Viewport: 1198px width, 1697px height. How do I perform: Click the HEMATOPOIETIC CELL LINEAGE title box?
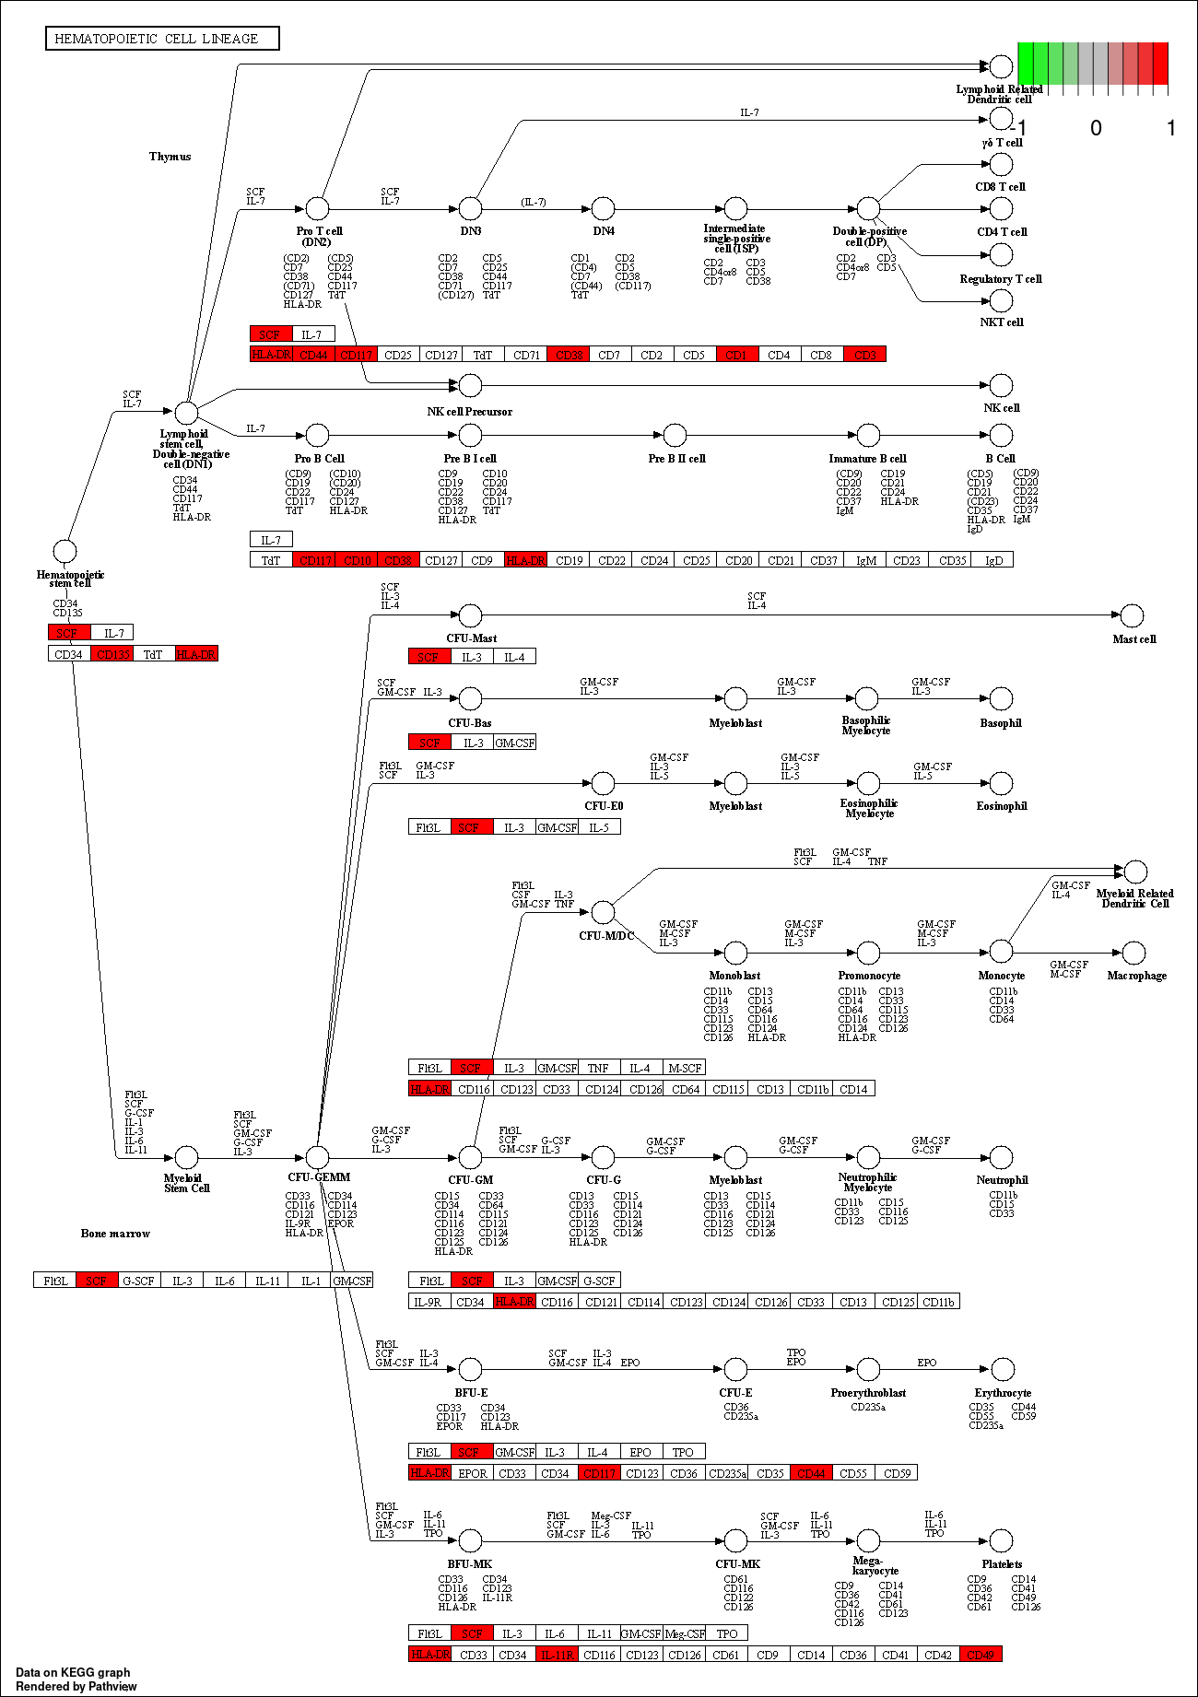[x=162, y=39]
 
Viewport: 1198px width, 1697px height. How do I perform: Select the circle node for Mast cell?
[x=1132, y=615]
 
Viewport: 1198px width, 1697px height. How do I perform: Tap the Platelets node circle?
[x=1001, y=1539]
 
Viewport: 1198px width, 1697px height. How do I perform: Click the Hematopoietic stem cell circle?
[x=65, y=551]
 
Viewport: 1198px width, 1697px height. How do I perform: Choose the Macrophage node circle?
[x=1134, y=953]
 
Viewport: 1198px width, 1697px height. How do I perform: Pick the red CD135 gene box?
[x=112, y=654]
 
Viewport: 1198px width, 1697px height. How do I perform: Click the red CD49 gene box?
[x=981, y=1655]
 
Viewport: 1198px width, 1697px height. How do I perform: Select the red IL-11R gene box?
[x=558, y=1655]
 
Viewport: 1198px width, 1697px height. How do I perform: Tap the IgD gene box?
[x=993, y=560]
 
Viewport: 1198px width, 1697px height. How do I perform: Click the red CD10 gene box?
[x=357, y=560]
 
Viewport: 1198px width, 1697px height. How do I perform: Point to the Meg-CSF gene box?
[x=685, y=1633]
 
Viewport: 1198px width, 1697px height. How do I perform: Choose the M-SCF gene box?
[x=684, y=1068]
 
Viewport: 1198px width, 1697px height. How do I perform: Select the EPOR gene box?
[x=472, y=1473]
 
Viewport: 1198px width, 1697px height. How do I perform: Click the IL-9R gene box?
[x=429, y=1302]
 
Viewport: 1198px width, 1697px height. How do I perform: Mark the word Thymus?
[x=170, y=157]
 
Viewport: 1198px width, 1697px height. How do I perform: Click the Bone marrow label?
[x=115, y=1234]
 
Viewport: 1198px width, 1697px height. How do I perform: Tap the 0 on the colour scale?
[x=1096, y=128]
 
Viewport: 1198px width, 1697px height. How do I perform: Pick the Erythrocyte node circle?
[x=1002, y=1369]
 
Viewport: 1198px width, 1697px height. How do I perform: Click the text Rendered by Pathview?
[x=76, y=1686]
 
